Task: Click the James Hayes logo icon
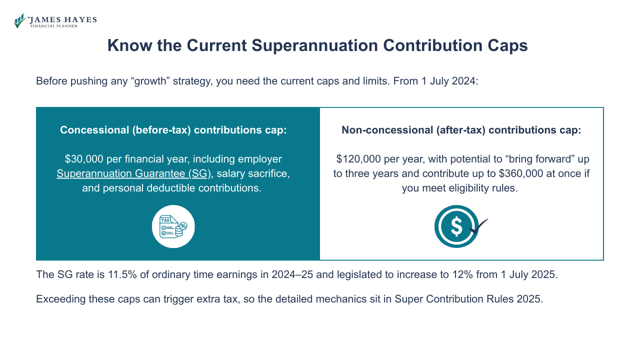(x=20, y=21)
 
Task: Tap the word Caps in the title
(x=506, y=45)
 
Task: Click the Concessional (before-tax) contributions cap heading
(x=173, y=130)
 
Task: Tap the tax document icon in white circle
(x=173, y=226)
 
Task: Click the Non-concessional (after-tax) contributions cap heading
(x=461, y=130)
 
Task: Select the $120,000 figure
(x=357, y=159)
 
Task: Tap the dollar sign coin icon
(x=456, y=226)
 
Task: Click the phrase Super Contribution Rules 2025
(x=467, y=299)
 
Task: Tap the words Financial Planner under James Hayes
(x=54, y=25)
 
